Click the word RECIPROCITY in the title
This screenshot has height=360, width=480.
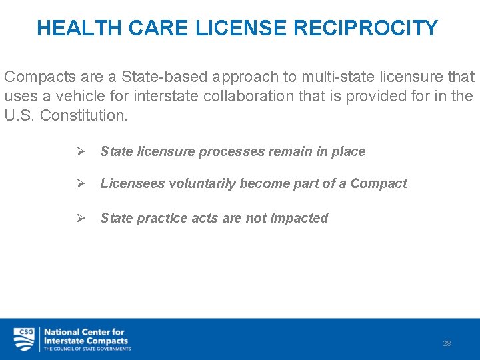point(365,28)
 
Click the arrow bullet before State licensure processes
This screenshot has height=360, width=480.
point(80,151)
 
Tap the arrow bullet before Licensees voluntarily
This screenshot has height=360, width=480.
point(80,183)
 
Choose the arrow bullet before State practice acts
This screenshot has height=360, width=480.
point(80,218)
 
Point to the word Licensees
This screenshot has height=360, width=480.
point(131,183)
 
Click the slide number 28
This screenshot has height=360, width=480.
point(447,343)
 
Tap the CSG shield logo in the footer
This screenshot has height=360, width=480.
point(24,339)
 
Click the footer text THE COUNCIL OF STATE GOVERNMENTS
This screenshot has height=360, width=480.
point(87,349)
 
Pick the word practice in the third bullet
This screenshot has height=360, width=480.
point(161,218)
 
